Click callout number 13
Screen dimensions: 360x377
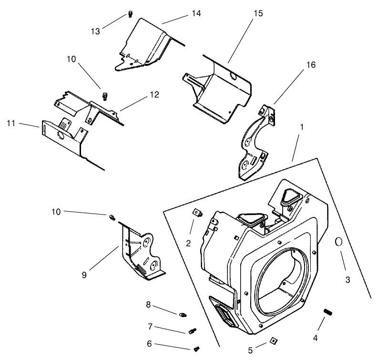[x=96, y=31]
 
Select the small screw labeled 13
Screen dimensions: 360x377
[x=130, y=14]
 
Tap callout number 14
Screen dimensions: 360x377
[x=196, y=13]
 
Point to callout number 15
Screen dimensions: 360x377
[x=258, y=13]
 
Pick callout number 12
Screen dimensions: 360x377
[x=153, y=95]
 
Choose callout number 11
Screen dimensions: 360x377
[x=11, y=123]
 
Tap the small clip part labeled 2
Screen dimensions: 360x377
[x=196, y=212]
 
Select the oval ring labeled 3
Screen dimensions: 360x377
[x=338, y=242]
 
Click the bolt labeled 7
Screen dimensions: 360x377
[x=193, y=330]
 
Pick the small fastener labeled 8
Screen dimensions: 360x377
[x=183, y=314]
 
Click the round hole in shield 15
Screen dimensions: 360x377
[x=233, y=76]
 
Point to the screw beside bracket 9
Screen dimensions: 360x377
[x=112, y=217]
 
